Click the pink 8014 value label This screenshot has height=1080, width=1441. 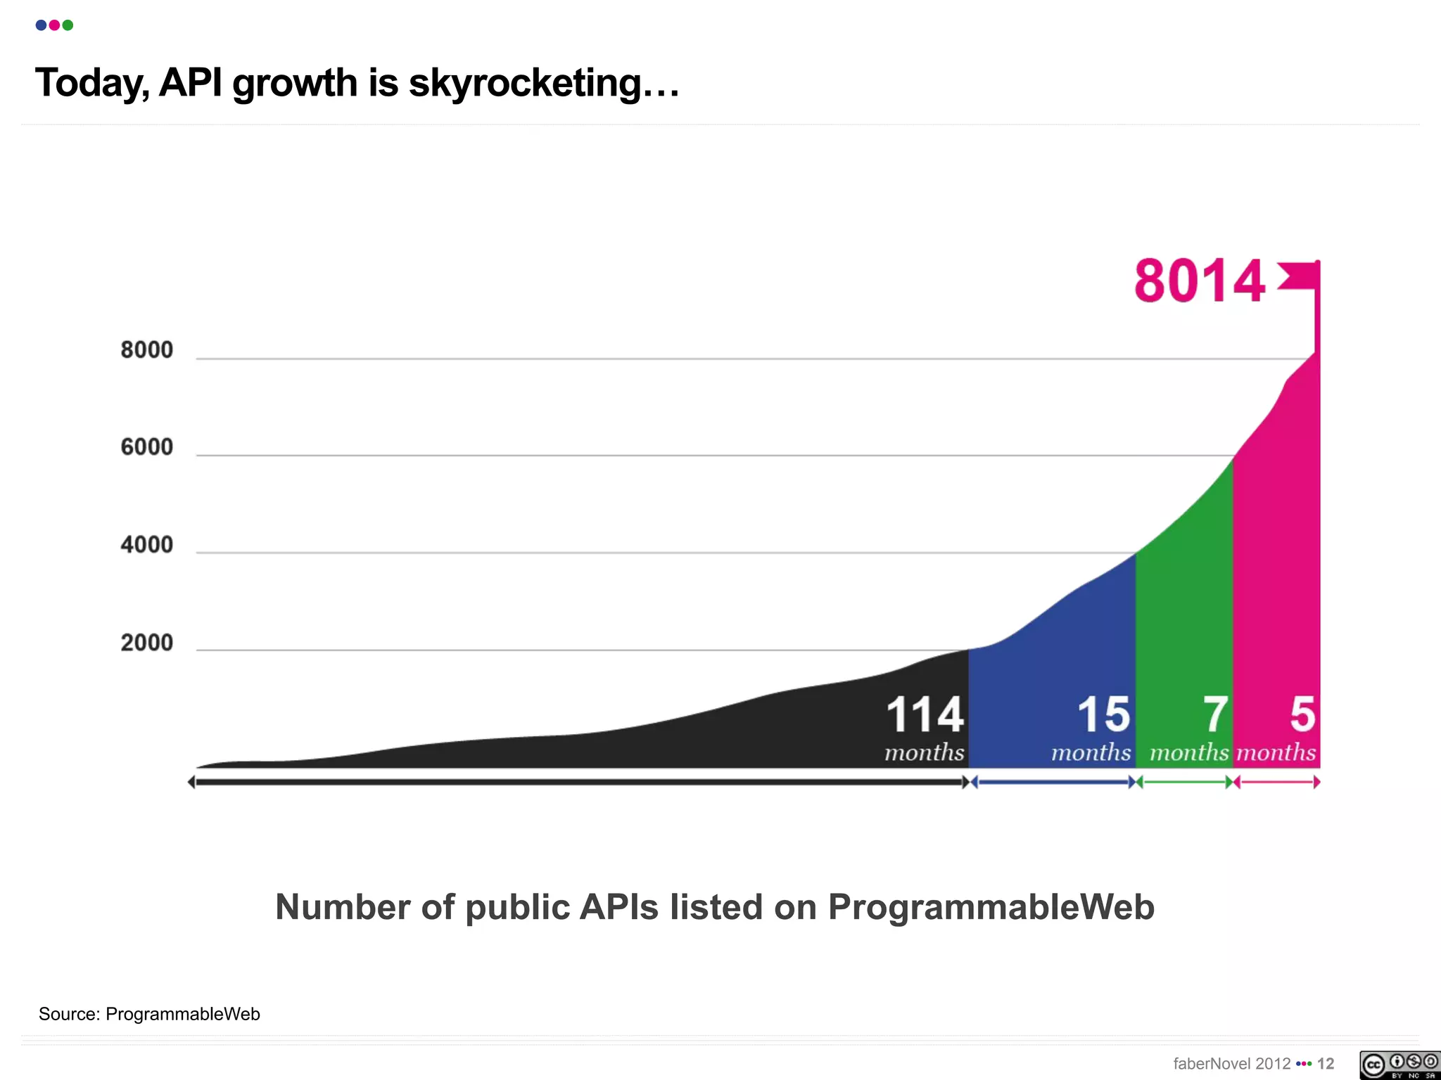click(x=1199, y=281)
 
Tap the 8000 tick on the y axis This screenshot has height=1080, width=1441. click(x=146, y=349)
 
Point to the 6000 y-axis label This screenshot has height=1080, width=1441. click(x=146, y=446)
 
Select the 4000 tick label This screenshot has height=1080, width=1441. click(x=146, y=544)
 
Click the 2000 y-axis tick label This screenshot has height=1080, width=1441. click(x=146, y=642)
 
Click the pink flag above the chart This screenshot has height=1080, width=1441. click(x=1299, y=276)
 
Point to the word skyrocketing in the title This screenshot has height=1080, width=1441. click(x=544, y=83)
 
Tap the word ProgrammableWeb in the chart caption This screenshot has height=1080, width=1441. click(x=991, y=906)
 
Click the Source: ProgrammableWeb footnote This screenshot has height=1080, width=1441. click(x=149, y=1014)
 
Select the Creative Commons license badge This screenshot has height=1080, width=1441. click(x=1399, y=1065)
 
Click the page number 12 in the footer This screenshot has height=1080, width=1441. click(x=1326, y=1064)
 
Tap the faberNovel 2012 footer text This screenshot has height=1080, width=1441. click(x=1231, y=1064)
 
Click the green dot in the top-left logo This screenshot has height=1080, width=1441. click(x=68, y=25)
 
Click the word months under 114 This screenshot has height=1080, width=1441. click(x=924, y=752)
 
